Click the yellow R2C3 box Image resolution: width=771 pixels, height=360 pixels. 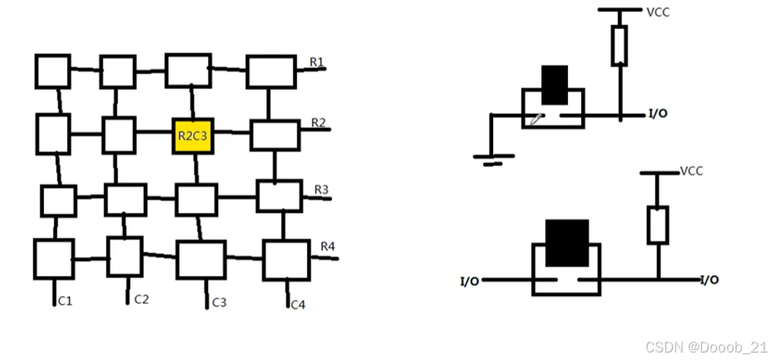(193, 134)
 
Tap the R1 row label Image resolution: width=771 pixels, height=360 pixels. (317, 62)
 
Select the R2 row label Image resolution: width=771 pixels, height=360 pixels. (319, 123)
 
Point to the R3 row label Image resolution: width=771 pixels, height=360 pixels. (322, 190)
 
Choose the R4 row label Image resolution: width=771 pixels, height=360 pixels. (328, 247)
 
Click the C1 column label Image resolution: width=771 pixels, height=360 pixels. (64, 300)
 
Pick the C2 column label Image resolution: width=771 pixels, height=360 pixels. (141, 298)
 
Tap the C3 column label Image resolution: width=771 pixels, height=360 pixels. (219, 302)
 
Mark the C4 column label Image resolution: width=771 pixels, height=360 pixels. (298, 304)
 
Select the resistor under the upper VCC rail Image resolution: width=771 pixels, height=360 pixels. (620, 45)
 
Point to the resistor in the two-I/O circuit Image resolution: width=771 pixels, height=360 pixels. (658, 224)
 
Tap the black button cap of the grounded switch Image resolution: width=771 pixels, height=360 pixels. (555, 86)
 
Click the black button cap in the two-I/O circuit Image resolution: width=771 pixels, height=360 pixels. (566, 243)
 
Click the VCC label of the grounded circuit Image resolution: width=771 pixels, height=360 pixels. (658, 12)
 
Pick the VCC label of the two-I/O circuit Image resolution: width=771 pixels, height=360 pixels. (692, 171)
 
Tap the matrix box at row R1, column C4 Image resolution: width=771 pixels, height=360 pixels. (271, 72)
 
